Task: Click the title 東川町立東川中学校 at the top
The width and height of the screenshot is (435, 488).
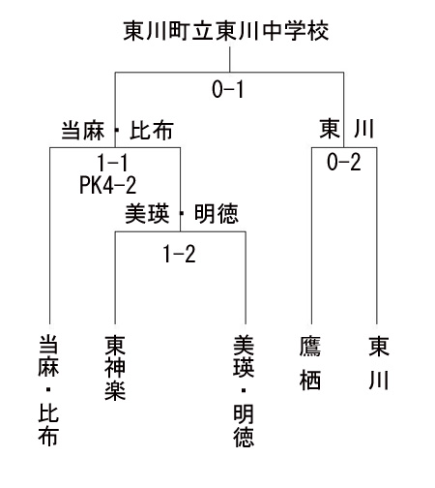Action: point(226,31)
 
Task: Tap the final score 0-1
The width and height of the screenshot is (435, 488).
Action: point(228,89)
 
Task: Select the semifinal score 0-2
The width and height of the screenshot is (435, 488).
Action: point(343,162)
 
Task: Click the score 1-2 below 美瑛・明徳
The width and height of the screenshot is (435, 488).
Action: point(179,254)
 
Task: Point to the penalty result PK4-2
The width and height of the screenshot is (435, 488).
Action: point(108,185)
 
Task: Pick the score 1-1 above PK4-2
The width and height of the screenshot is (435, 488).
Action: point(112,163)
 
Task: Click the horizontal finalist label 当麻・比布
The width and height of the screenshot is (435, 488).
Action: point(118,131)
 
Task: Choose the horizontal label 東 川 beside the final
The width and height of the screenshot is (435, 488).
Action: point(347,129)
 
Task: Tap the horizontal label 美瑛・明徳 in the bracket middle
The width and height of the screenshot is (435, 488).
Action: point(182,213)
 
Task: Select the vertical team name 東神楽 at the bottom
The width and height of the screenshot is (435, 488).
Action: point(115,368)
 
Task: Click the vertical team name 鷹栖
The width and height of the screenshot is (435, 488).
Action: point(310,363)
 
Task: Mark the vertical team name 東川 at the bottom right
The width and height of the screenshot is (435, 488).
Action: point(379,363)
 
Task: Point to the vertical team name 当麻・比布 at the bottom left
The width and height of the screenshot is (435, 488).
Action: point(48,390)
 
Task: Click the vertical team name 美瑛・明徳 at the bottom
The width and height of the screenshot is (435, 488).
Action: point(244,391)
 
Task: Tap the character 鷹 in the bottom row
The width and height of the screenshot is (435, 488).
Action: point(310,347)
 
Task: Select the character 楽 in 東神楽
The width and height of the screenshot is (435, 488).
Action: point(115,390)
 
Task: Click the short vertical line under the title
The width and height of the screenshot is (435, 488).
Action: point(230,59)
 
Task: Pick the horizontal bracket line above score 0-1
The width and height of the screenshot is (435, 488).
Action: point(229,73)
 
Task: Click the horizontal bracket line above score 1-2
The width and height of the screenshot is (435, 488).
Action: point(181,231)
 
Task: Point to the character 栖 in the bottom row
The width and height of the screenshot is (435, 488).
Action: point(310,380)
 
